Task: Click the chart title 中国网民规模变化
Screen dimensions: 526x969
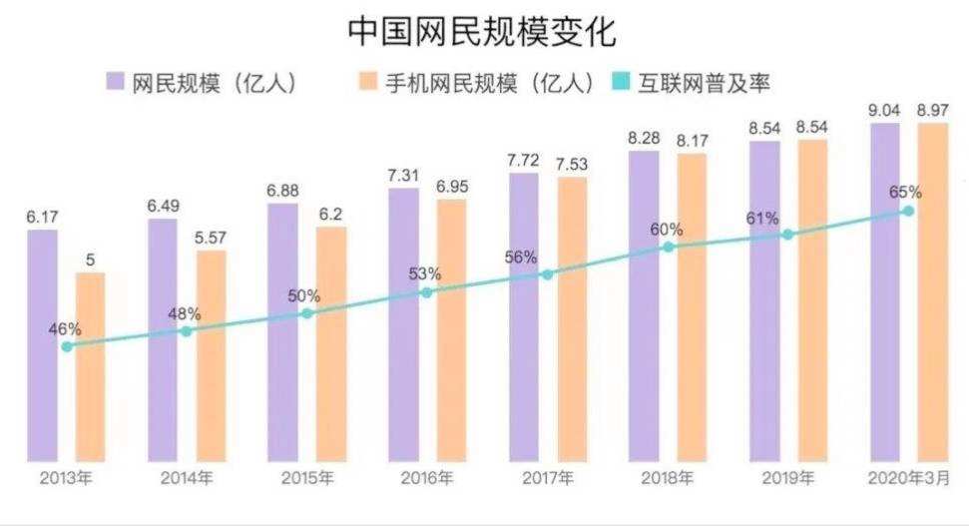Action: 482,31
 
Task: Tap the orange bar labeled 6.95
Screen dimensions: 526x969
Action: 451,329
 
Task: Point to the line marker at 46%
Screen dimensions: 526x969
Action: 67,346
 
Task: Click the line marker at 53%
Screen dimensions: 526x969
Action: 426,292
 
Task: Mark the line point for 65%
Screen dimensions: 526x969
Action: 907,211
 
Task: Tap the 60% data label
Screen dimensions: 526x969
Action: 666,230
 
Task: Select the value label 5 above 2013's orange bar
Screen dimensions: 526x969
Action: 90,261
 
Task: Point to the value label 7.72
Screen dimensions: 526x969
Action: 524,160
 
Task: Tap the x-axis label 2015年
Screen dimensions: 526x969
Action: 306,478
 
